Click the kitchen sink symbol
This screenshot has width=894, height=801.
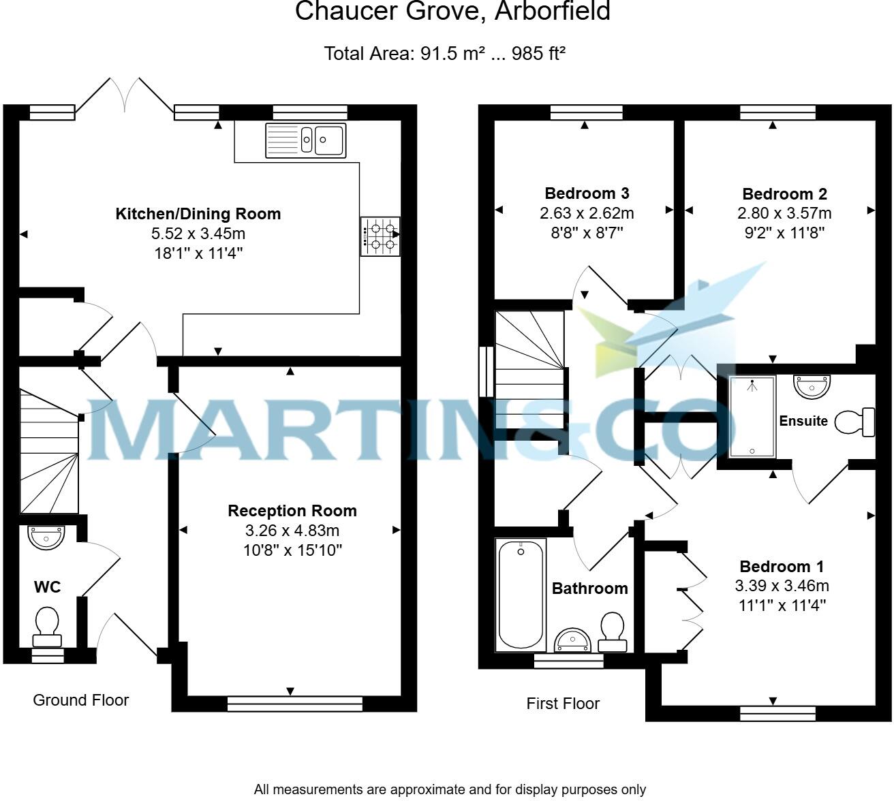point(305,140)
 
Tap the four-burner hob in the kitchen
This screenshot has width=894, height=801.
point(380,236)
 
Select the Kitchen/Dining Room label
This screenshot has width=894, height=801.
point(198,214)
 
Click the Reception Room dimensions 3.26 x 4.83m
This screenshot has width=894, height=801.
point(292,531)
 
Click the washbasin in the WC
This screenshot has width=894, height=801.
point(46,537)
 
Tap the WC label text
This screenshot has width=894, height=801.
point(47,587)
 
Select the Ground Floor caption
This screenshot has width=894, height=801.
point(80,700)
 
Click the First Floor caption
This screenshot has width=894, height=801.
point(562,704)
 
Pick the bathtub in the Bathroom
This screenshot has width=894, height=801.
point(521,593)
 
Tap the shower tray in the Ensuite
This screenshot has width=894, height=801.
point(752,416)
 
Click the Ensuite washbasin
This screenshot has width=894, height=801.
point(812,386)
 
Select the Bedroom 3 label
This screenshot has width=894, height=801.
point(587,193)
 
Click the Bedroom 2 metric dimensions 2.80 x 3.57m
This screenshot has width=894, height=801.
point(784,213)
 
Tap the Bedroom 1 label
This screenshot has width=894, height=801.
point(782,567)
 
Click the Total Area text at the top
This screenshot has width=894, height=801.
point(445,53)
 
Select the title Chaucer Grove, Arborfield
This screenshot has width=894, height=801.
point(452,12)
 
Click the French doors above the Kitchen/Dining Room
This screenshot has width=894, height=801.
point(124,95)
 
